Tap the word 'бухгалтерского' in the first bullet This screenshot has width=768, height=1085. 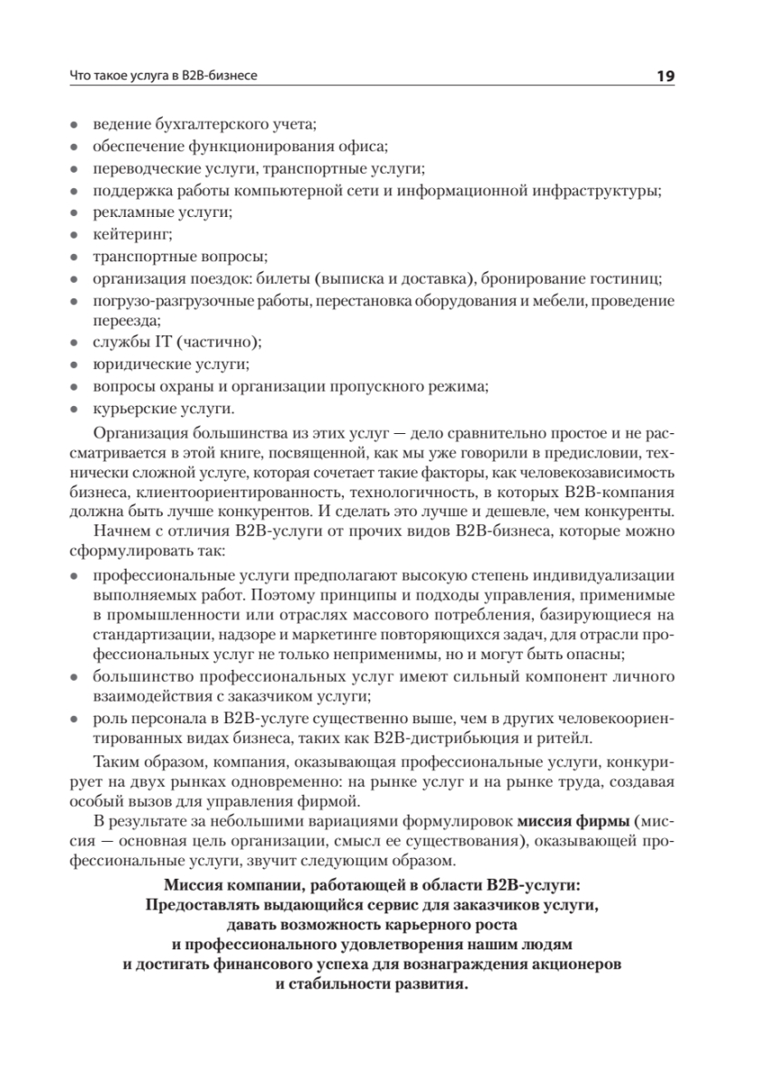coord(197,123)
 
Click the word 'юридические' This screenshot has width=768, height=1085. coord(135,364)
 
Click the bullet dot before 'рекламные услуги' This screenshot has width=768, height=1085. coord(74,213)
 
